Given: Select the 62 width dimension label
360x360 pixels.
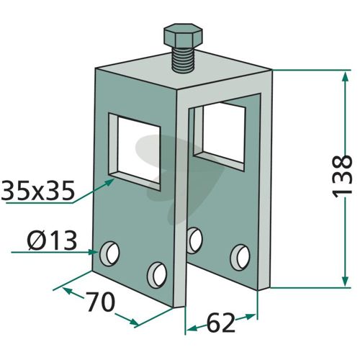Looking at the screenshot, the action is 220,323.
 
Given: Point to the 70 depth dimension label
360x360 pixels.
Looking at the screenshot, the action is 100,302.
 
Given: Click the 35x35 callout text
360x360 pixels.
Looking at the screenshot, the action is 37,190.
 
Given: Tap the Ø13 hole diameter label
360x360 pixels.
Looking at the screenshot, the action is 52,240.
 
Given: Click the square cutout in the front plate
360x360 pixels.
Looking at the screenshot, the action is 135,152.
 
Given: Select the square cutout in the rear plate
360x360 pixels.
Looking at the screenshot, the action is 220,135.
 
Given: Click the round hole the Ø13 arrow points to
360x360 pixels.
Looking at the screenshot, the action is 109,253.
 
